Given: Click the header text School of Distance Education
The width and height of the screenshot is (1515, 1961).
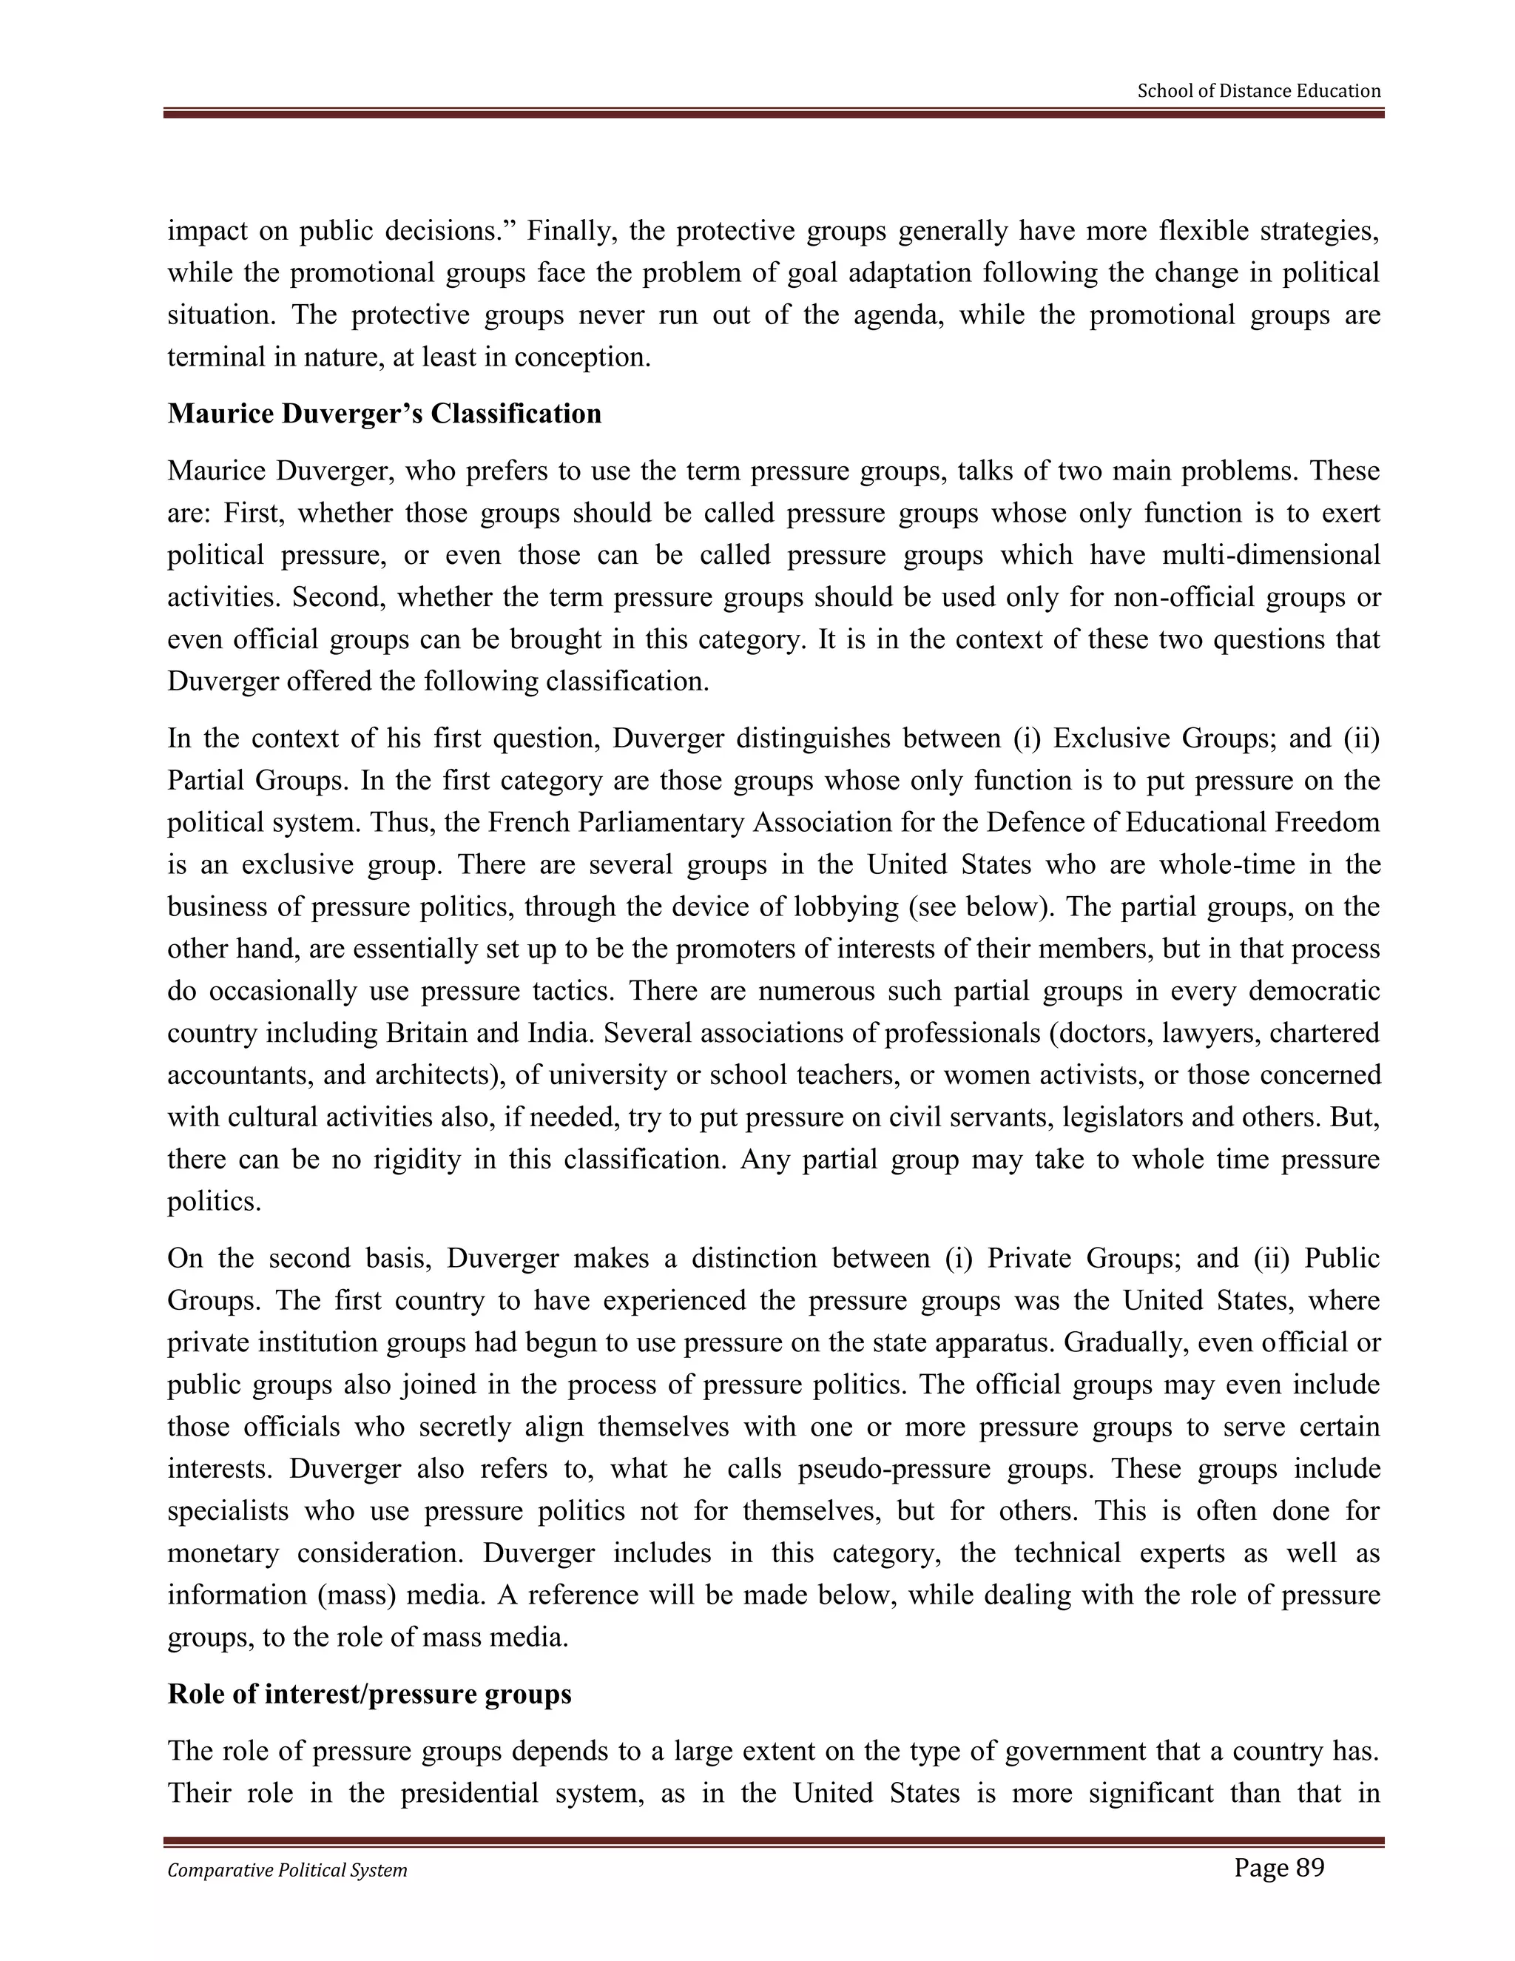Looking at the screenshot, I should point(1258,91).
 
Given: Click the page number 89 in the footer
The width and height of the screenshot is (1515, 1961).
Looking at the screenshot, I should point(1278,1868).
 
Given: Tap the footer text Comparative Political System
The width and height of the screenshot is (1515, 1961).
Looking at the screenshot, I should point(287,1870).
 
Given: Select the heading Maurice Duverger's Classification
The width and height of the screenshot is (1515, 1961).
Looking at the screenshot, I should point(384,414).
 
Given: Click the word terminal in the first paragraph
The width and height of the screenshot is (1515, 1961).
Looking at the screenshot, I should point(218,357).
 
